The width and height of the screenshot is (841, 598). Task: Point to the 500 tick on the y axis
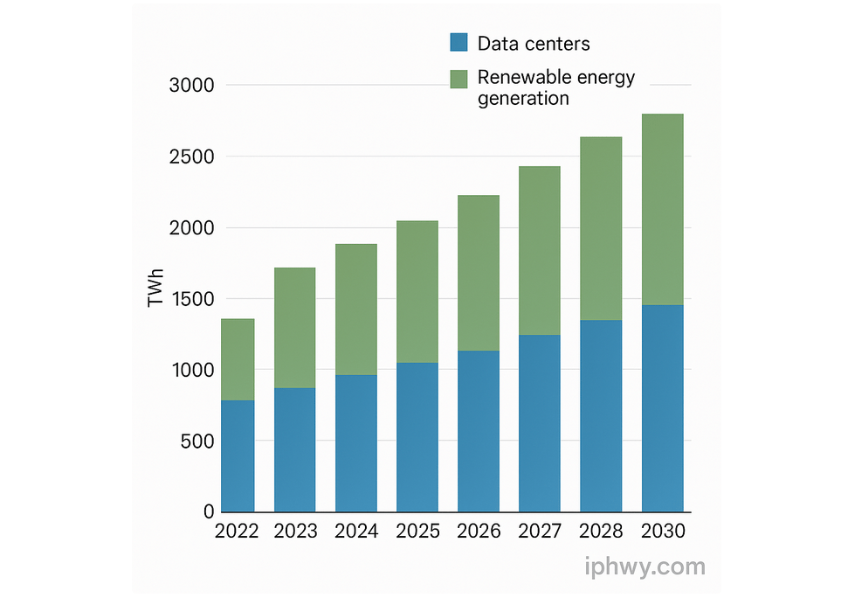197,442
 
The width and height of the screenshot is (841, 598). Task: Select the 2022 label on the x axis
237,532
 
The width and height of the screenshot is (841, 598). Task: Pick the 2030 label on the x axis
663,532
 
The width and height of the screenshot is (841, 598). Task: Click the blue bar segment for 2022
238,455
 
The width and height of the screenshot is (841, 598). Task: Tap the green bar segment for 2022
238,359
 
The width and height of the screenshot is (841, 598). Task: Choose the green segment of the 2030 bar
662,210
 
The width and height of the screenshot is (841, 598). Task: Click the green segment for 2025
417,292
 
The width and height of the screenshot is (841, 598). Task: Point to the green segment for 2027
539,251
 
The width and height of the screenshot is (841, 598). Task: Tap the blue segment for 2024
355,443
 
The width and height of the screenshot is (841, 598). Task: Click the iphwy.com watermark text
645,567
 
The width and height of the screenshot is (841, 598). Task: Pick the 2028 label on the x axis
602,532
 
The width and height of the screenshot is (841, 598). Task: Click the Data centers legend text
534,44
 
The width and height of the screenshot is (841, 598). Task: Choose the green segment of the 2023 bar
294,328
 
